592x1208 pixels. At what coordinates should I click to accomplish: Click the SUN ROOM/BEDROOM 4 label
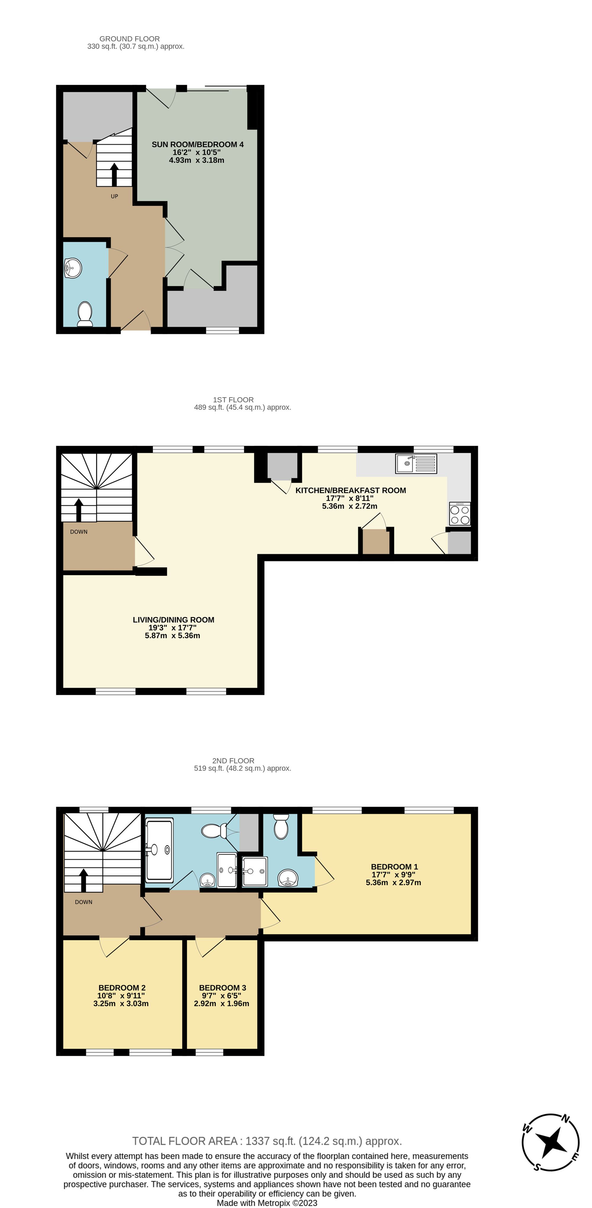click(197, 144)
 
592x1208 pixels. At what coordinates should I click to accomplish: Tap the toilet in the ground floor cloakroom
click(85, 313)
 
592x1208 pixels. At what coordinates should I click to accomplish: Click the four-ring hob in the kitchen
click(460, 514)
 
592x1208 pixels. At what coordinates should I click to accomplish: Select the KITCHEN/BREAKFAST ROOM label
click(350, 490)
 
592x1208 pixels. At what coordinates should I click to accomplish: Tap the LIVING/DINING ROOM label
click(173, 620)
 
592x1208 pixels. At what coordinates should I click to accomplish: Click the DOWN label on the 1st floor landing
click(79, 532)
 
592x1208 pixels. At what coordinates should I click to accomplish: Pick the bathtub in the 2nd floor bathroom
click(160, 850)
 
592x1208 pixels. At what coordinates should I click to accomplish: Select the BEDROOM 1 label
click(394, 867)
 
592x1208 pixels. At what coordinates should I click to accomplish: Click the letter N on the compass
click(566, 1119)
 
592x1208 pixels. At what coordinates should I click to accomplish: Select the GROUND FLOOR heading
click(129, 39)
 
